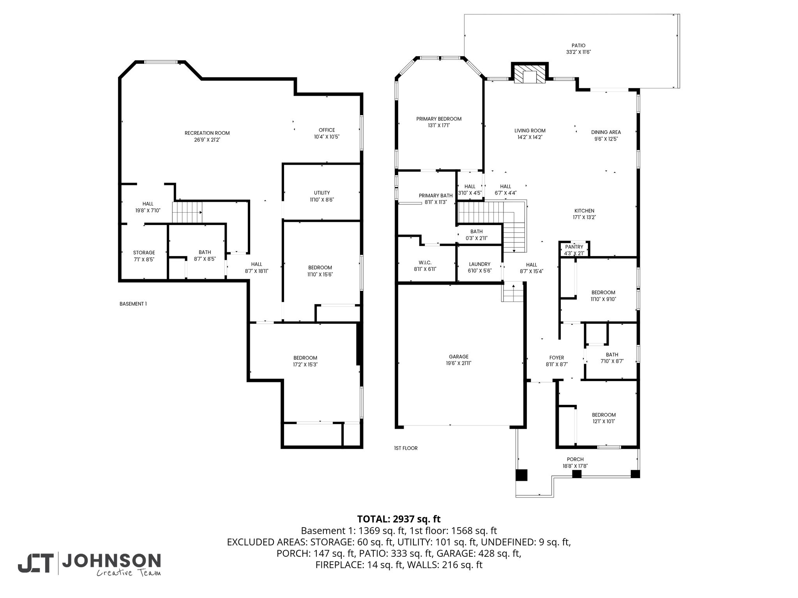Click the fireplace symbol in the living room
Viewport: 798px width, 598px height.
[x=529, y=74]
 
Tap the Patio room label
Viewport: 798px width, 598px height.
[x=579, y=46]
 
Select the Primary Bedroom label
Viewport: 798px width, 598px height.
[x=439, y=119]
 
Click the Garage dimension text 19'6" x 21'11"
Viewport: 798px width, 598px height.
[x=459, y=363]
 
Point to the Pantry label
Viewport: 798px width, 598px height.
[x=574, y=247]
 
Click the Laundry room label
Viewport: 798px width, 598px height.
[x=480, y=264]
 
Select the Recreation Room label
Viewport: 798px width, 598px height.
[x=207, y=133]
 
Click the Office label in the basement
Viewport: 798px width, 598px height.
[x=327, y=130]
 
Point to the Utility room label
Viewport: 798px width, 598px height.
[x=322, y=193]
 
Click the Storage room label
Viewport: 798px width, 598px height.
[x=144, y=253]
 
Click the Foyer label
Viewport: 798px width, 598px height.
[x=557, y=358]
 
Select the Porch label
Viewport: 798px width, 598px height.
[x=575, y=459]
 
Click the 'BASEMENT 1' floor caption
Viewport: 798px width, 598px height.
[x=133, y=304]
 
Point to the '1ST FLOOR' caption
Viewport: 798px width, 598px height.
[x=406, y=448]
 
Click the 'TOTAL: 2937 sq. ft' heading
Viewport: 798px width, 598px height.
[x=399, y=519]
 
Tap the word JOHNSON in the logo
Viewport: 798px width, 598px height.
[x=112, y=561]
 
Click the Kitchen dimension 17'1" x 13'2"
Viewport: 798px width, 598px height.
[x=584, y=218]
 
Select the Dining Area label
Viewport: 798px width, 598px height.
[x=606, y=132]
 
